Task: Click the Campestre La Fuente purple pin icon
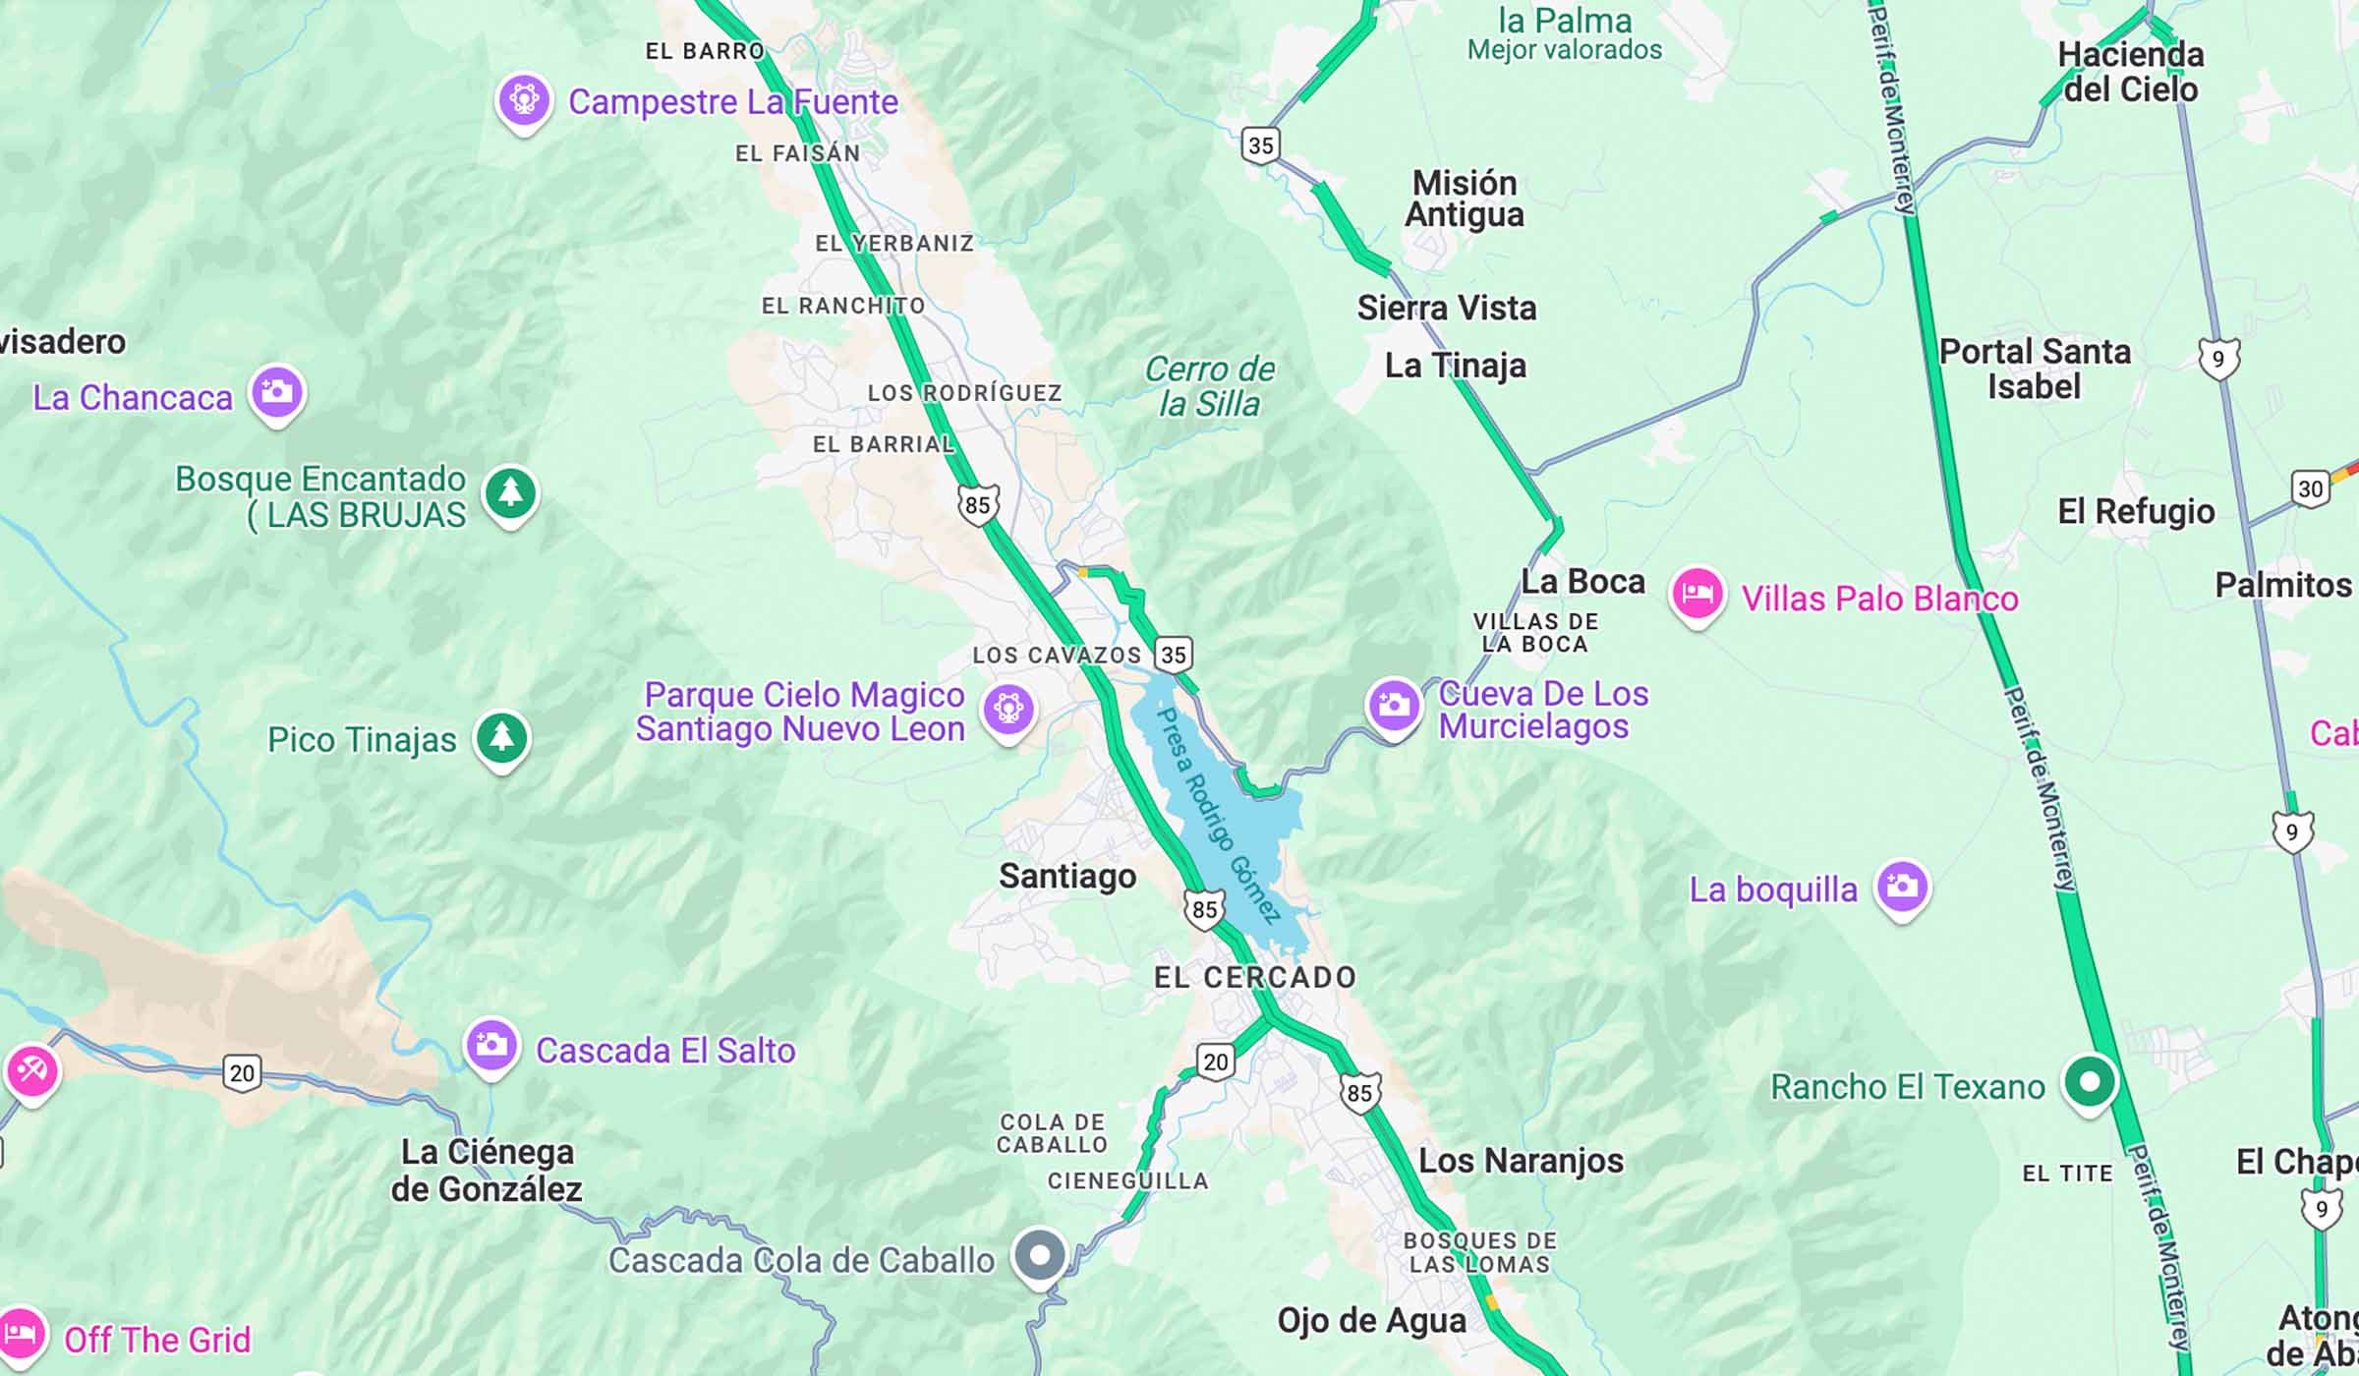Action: pos(523,100)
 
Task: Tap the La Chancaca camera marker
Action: pos(277,392)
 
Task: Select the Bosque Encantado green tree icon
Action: pos(510,491)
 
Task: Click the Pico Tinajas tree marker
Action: pos(502,737)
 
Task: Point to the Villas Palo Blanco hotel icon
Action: pos(1697,594)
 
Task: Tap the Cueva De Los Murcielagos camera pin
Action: pos(1394,705)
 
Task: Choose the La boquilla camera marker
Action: pos(1902,887)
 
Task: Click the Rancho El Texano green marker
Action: pos(2089,1082)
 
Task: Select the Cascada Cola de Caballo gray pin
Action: pos(1040,1255)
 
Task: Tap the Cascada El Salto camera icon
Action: pos(491,1046)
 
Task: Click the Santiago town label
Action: pos(1067,876)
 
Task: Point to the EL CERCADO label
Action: pos(1254,977)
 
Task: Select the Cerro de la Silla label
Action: pos(1209,386)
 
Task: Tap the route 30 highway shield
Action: pos(2310,488)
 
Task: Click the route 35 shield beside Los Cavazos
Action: pos(1173,655)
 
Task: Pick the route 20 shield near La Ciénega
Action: pos(242,1072)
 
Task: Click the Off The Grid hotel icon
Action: pos(22,1335)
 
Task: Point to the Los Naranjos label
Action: pos(1521,1161)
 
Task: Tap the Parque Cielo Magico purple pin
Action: pos(1008,708)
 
